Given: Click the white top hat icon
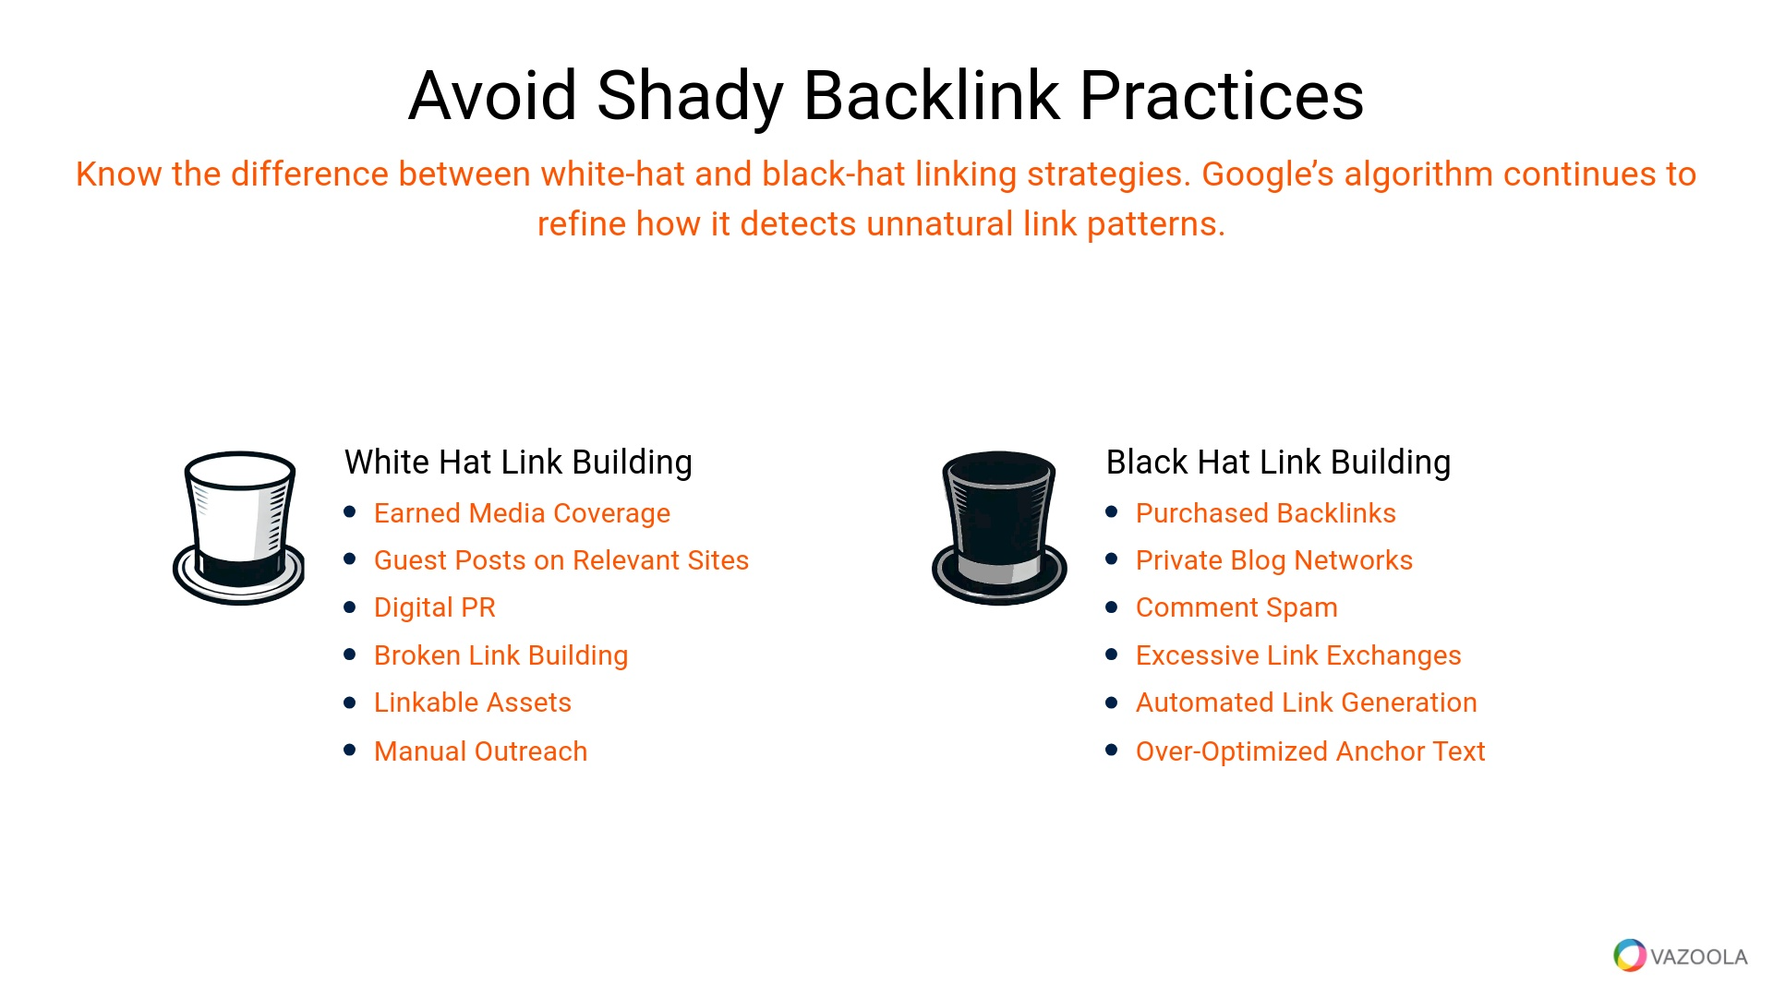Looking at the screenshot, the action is click(x=239, y=528).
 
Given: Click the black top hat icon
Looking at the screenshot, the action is click(x=999, y=528).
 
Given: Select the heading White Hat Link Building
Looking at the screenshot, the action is click(x=518, y=462).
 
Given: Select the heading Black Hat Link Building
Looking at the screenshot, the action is click(x=1278, y=462).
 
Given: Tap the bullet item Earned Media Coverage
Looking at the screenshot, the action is click(x=522, y=513).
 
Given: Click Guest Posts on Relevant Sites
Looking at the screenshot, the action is click(x=561, y=560).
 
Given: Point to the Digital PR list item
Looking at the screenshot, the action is click(x=435, y=607).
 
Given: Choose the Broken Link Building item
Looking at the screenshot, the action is click(x=501, y=655).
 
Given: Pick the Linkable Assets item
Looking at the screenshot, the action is click(x=473, y=703).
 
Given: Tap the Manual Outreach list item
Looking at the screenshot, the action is click(x=481, y=751).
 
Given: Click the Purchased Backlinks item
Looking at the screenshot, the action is click(x=1266, y=513).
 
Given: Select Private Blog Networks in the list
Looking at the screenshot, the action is click(x=1274, y=560).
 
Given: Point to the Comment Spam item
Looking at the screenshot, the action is click(x=1236, y=607).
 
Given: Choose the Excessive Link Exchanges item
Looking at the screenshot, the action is click(x=1298, y=655).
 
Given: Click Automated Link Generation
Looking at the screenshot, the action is click(x=1307, y=703).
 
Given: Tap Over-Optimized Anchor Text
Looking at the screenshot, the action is click(x=1310, y=751).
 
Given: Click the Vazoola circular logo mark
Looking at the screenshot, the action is click(x=1630, y=955).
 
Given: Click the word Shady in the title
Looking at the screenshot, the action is click(x=691, y=97).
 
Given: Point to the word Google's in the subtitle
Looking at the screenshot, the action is click(x=1268, y=174).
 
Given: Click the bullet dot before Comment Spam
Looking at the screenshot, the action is click(x=1112, y=607).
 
